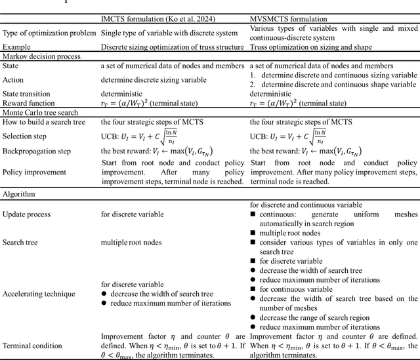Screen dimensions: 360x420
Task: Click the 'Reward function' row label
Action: tap(28, 103)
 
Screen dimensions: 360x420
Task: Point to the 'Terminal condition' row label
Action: tap(32, 345)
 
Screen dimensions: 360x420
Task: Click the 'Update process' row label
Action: tap(27, 214)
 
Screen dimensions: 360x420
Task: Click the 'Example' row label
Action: tap(17, 47)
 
